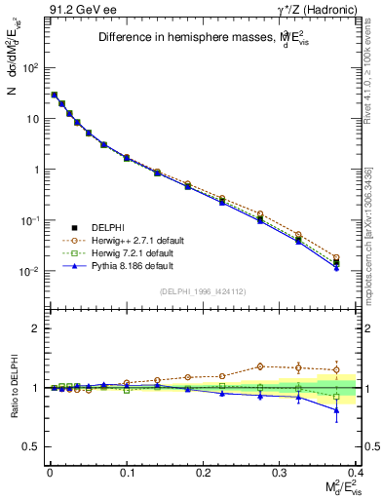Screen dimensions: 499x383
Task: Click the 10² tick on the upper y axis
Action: click(x=30, y=68)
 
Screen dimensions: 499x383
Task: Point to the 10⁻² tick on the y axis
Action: click(x=29, y=271)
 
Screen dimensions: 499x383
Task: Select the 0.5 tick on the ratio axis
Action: click(x=32, y=446)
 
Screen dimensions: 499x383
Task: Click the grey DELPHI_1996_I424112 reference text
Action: click(x=202, y=290)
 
